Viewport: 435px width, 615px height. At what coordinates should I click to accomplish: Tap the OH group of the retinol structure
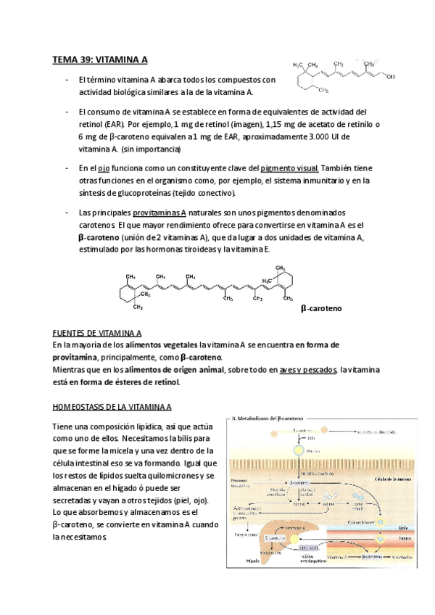coord(390,75)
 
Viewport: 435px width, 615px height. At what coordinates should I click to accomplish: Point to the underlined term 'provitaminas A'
coord(159,212)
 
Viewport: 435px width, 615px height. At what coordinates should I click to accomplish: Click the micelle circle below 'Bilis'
coord(297,450)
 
